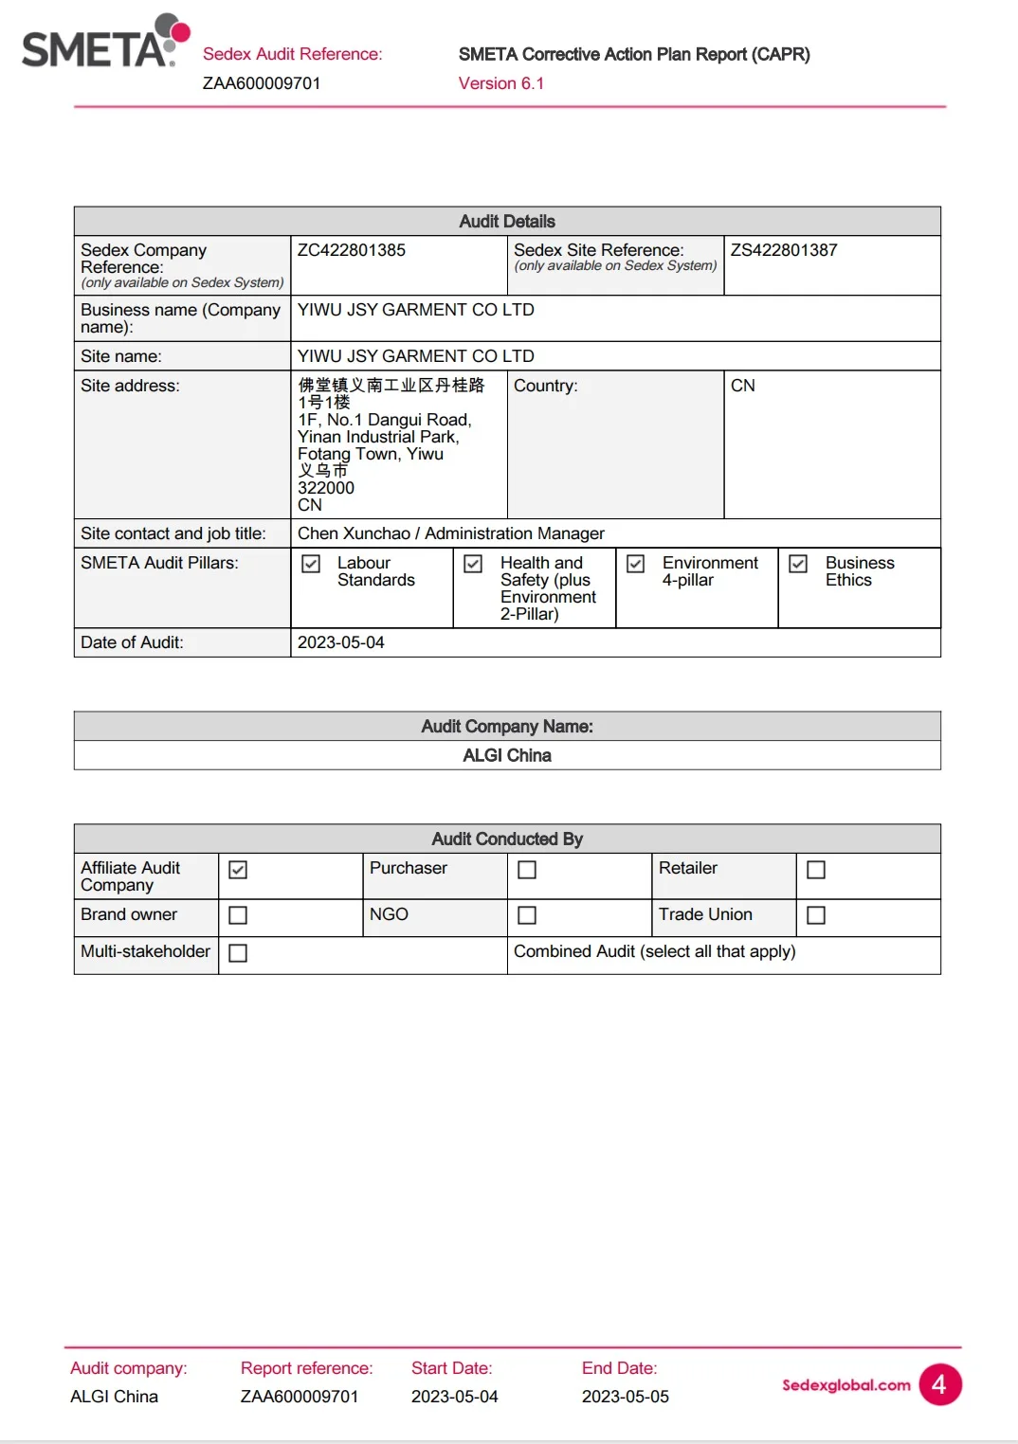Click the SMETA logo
(x=104, y=44)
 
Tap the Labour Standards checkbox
(x=311, y=564)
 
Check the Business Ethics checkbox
(x=798, y=564)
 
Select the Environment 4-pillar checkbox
(x=636, y=564)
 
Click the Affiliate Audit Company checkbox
(x=238, y=870)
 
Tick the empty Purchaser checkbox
(x=527, y=870)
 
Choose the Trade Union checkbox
(x=816, y=915)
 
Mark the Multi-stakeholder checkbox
(x=238, y=953)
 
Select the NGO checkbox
(x=527, y=915)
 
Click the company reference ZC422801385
(x=352, y=250)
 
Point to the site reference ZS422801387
(x=784, y=250)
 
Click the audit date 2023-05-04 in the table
(x=341, y=642)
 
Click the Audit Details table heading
(x=507, y=222)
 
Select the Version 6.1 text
(x=501, y=83)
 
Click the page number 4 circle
(x=939, y=1384)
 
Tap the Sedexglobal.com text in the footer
(x=845, y=1385)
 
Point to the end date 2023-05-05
(x=626, y=1397)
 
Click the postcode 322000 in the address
(x=326, y=488)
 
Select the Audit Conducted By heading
(x=507, y=839)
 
